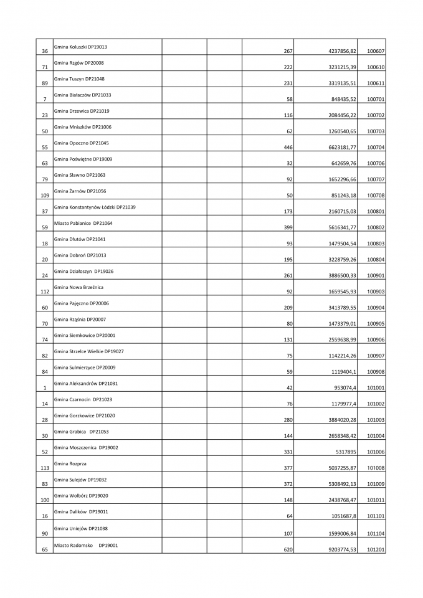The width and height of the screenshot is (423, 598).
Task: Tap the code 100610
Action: [376, 67]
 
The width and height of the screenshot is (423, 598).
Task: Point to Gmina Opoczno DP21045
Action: [82, 143]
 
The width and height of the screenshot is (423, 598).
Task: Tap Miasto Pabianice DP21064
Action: [83, 223]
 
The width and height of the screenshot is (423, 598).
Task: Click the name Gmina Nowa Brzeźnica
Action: [78, 287]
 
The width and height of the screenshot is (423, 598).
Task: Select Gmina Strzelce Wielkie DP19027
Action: [89, 351]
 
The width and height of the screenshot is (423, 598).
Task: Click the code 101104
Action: [376, 534]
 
